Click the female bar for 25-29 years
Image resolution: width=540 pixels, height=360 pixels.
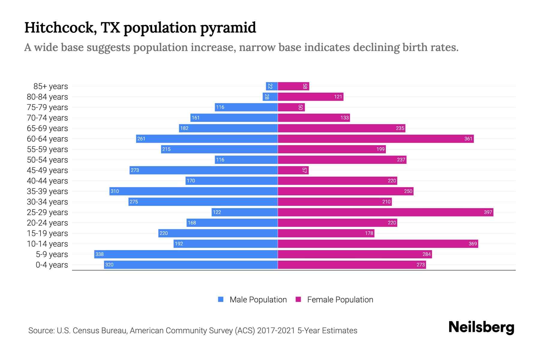pyautogui.click(x=385, y=212)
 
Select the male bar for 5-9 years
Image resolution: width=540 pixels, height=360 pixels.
pyautogui.click(x=186, y=254)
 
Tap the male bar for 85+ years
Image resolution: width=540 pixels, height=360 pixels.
pyautogui.click(x=272, y=86)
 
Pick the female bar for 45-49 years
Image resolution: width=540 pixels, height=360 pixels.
pyautogui.click(x=293, y=170)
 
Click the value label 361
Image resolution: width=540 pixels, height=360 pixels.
pyautogui.click(x=468, y=139)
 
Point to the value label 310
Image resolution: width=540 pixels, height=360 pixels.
pyautogui.click(x=115, y=191)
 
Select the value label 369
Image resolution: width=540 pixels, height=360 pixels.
pyautogui.click(x=472, y=244)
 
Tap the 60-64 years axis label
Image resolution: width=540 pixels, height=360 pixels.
pyautogui.click(x=47, y=139)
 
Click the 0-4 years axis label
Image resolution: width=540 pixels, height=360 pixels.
pyautogui.click(x=52, y=265)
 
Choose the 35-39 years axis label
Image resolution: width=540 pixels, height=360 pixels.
pyautogui.click(x=47, y=191)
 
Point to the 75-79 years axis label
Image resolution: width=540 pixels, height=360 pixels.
pyautogui.click(x=47, y=107)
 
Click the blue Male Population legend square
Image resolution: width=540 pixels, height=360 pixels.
pyautogui.click(x=221, y=299)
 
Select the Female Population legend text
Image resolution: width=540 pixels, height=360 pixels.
pyautogui.click(x=340, y=300)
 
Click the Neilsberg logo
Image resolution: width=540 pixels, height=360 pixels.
pyautogui.click(x=481, y=327)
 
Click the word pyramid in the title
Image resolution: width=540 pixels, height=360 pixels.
pyautogui.click(x=228, y=28)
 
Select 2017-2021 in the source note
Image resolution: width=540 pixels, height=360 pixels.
pyautogui.click(x=276, y=331)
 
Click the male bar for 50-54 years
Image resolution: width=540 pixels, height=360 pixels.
pyautogui.click(x=246, y=160)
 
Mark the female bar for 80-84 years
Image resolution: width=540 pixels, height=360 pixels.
pyautogui.click(x=310, y=97)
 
